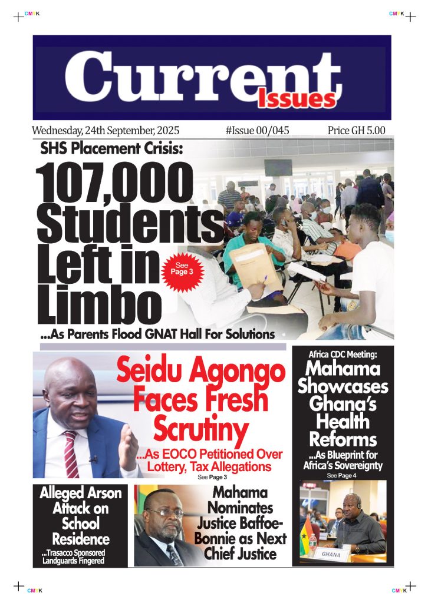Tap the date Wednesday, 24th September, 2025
pos(106,130)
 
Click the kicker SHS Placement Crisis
pos(111,150)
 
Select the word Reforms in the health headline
pos(343,439)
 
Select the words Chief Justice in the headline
pos(240,554)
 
